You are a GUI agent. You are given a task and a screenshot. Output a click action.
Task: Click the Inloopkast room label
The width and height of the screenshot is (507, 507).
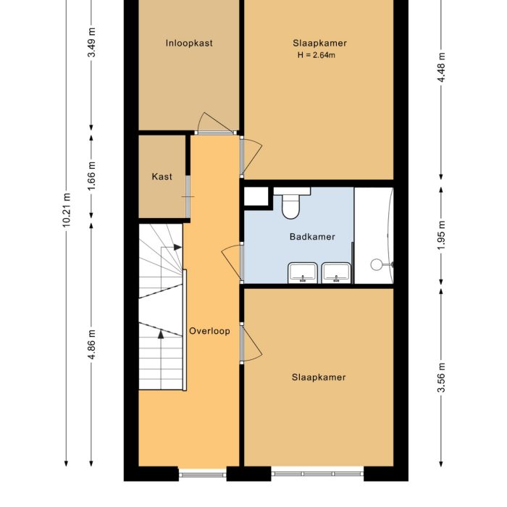pos(188,43)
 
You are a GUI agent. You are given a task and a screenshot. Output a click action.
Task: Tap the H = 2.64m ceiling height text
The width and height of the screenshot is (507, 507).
pos(316,55)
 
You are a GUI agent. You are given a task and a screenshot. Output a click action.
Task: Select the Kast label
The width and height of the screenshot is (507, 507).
pos(162,177)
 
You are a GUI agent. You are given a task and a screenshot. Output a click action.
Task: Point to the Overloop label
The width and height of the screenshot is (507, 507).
pos(209,331)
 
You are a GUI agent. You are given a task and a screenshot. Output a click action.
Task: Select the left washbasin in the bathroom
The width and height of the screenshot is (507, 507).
pos(302,272)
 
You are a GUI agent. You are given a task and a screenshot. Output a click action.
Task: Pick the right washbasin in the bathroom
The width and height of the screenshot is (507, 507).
pos(336,272)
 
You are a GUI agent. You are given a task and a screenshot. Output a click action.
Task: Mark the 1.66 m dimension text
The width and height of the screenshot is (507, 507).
pos(91,176)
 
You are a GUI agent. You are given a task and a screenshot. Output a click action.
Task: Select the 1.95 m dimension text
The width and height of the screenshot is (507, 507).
pos(442,235)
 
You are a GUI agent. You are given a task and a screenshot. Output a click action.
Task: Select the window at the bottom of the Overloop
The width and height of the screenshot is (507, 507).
pos(202,475)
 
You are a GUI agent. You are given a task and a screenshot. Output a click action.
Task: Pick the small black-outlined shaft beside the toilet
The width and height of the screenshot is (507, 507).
pos(256,196)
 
